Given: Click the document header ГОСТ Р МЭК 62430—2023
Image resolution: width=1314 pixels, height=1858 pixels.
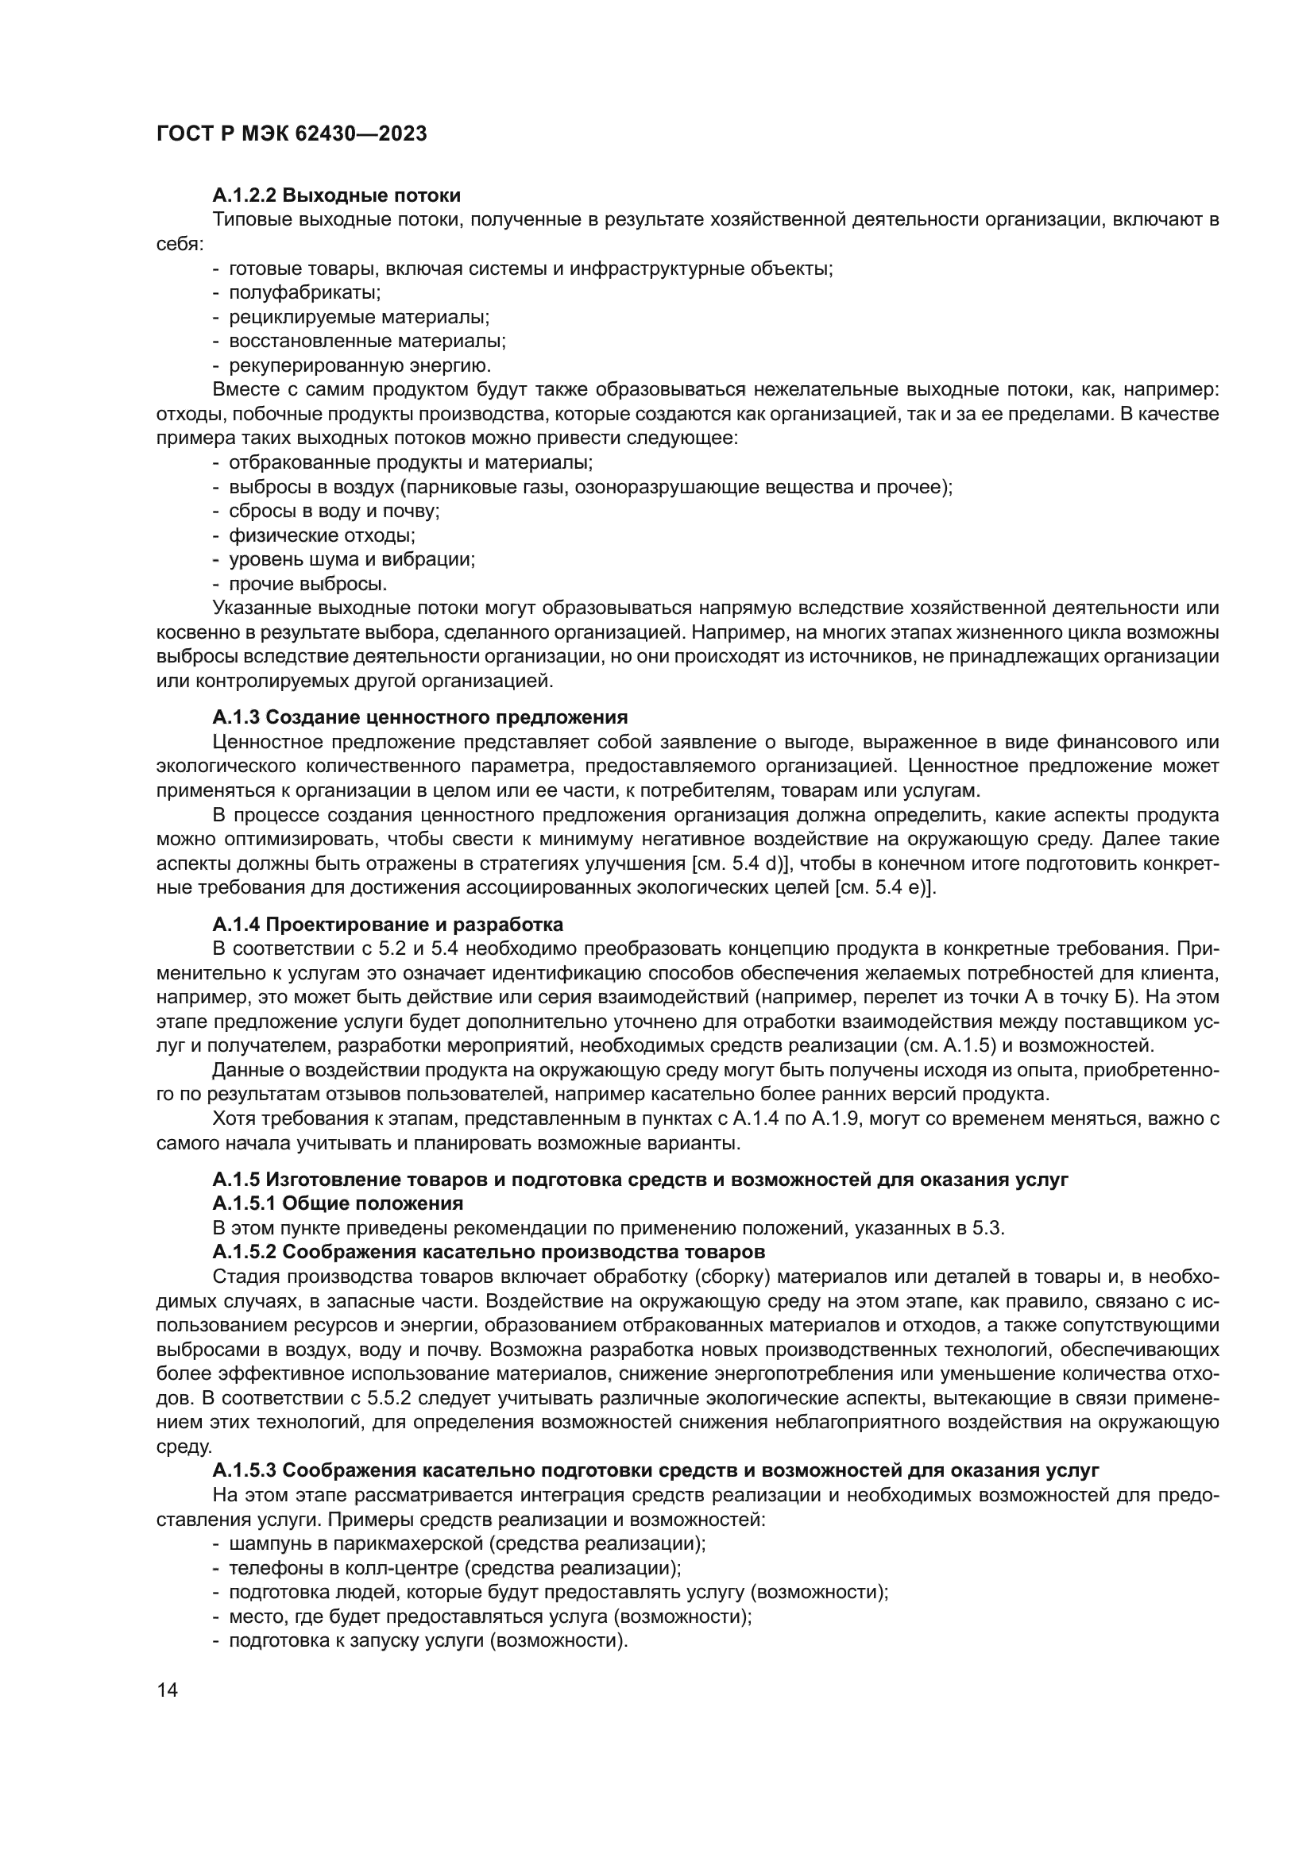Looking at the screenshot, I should pos(292,134).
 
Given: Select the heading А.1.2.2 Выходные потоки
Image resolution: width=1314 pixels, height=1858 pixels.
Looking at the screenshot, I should pos(337,195).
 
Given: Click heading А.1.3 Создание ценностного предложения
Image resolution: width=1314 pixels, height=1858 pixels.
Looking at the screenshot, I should pos(420,717).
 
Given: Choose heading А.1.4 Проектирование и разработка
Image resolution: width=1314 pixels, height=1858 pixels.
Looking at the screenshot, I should pos(388,924).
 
